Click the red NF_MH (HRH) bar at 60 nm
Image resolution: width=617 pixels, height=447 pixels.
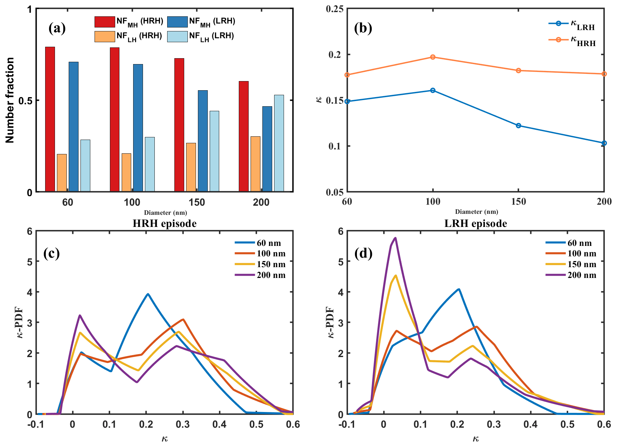pyautogui.click(x=50, y=119)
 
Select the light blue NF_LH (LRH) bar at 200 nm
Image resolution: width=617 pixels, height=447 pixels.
pyautogui.click(x=279, y=143)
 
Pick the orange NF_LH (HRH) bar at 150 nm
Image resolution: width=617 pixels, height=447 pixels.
pyautogui.click(x=191, y=167)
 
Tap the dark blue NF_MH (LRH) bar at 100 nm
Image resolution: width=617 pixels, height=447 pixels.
pyautogui.click(x=138, y=128)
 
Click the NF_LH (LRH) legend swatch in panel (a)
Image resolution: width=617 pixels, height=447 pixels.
pyautogui.click(x=177, y=37)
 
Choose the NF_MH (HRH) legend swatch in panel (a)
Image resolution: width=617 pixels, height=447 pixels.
pyautogui.click(x=105, y=22)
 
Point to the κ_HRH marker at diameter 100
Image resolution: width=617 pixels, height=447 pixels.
pyautogui.click(x=433, y=57)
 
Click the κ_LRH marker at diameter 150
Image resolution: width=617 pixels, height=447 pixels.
pyautogui.click(x=519, y=126)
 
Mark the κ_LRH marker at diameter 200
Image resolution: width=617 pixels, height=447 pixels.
pyautogui.click(x=604, y=143)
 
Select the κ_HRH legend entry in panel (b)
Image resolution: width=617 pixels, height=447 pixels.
pyautogui.click(x=573, y=41)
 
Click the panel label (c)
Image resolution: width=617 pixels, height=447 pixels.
pyautogui.click(x=51, y=253)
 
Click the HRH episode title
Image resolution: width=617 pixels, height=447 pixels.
pyautogui.click(x=165, y=224)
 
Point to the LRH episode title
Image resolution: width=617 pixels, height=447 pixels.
pyautogui.click(x=475, y=224)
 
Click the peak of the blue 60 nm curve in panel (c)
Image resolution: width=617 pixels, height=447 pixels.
pyautogui.click(x=148, y=294)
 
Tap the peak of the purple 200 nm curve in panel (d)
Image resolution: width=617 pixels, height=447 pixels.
pyautogui.click(x=396, y=238)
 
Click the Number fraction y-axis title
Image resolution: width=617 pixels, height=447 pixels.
pyautogui.click(x=10, y=100)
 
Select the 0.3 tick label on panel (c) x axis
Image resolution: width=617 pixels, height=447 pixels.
pyautogui.click(x=183, y=424)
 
